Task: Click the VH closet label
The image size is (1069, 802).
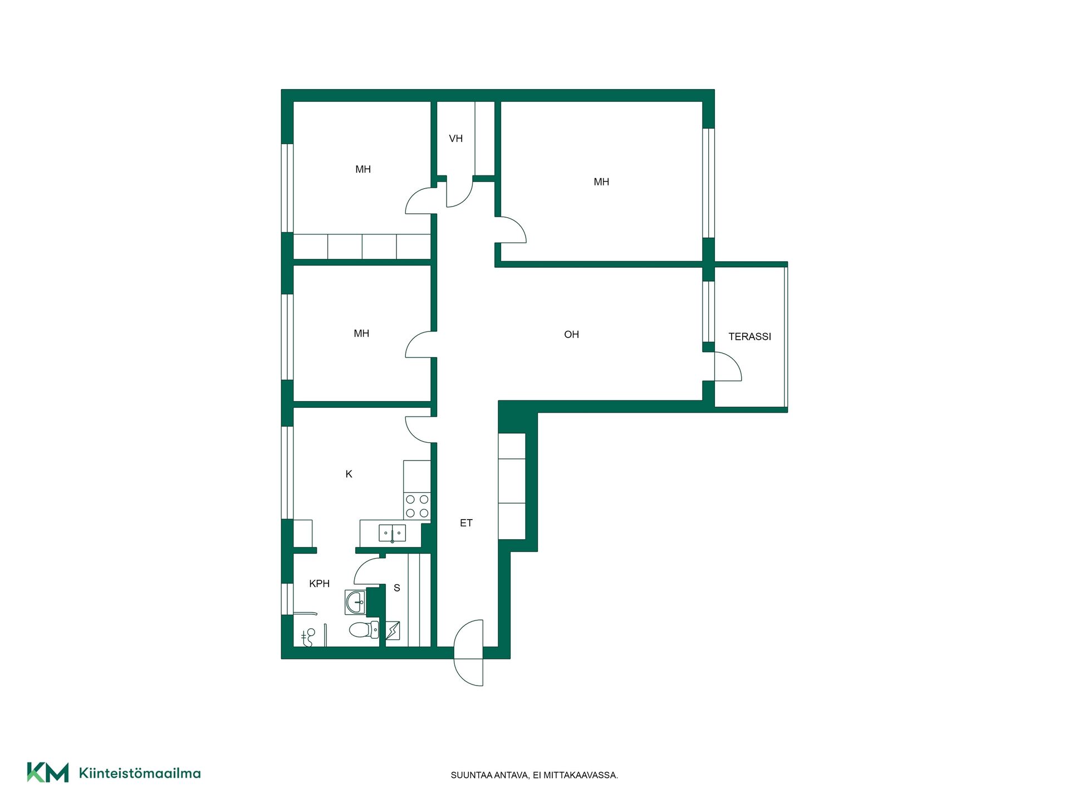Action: coord(455,139)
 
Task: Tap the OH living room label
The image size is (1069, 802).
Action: coord(571,334)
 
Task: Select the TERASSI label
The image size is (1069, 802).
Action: coord(749,336)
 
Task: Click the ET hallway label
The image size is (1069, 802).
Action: coord(466,523)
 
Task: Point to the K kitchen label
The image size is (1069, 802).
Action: coord(349,474)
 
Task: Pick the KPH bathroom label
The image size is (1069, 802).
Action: coord(319,584)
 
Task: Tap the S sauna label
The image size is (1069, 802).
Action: coord(397,588)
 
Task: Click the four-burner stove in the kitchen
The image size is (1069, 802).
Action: coord(417,506)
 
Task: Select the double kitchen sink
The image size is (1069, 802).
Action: coord(392,533)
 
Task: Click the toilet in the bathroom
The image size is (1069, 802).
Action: coord(364,630)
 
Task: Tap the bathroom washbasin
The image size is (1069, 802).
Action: coord(355,602)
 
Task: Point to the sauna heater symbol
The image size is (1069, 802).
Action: coord(393,630)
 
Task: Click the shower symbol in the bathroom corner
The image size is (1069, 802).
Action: coord(308,637)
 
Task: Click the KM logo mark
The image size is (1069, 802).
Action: coord(48,772)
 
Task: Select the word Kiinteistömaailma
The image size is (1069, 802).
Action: coord(140,773)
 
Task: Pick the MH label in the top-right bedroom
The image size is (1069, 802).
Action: coord(601,182)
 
